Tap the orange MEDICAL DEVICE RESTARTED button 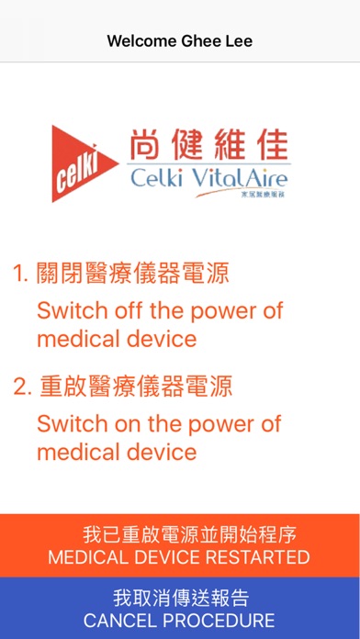[180, 545]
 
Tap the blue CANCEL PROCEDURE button [180, 608]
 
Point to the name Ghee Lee [217, 40]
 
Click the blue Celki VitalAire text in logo [209, 178]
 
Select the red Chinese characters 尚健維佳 [209, 145]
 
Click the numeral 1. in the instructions [21, 273]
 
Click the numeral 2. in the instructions [22, 387]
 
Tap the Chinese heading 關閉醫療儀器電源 [133, 273]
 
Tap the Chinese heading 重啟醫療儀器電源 [136, 386]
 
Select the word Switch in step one [72, 311]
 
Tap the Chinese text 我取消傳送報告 [181, 598]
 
